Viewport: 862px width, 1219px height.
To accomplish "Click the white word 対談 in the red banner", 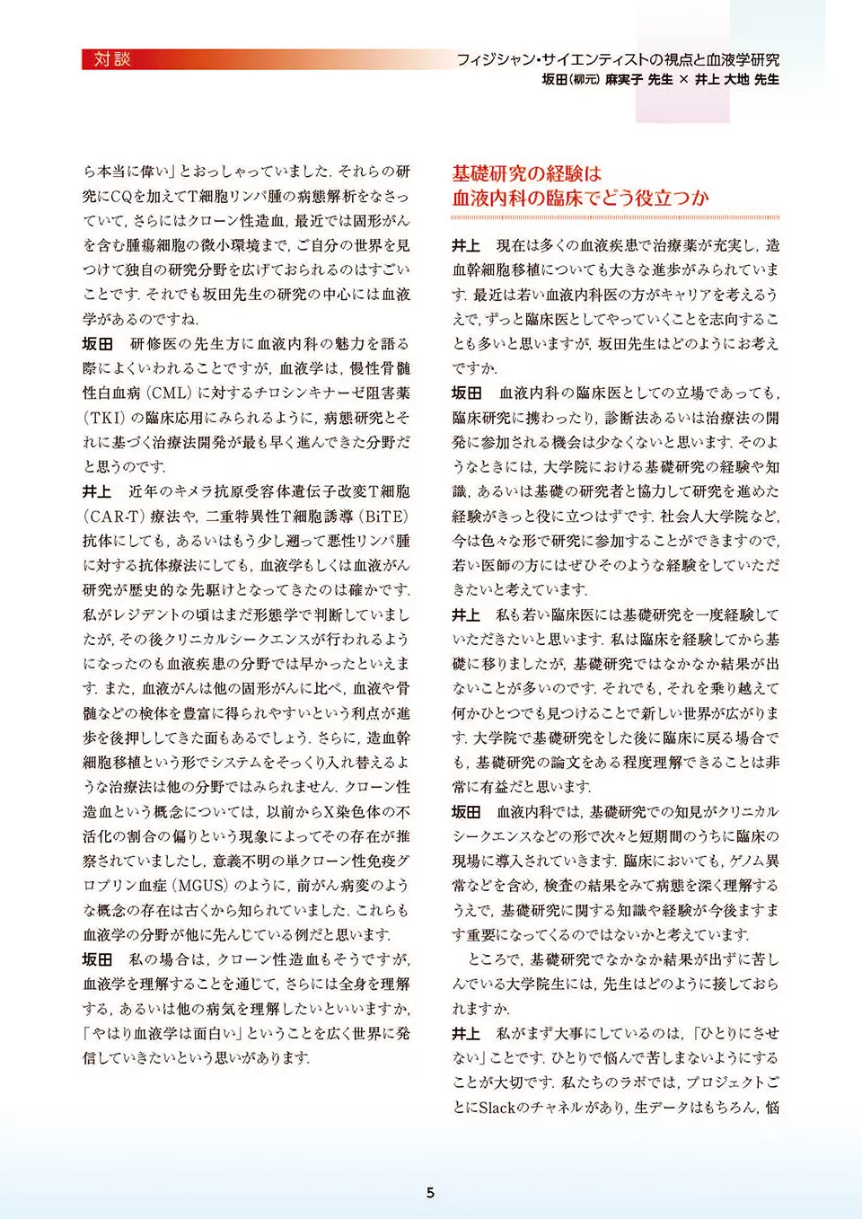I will pos(112,59).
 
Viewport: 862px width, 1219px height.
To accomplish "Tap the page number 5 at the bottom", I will pos(430,1193).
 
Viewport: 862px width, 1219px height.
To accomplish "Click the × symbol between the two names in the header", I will pos(683,80).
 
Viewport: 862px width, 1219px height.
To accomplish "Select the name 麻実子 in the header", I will pos(625,80).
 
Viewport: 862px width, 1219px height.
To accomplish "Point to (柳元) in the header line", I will pos(585,80).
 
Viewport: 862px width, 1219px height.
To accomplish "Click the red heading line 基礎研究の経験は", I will pos(526,173).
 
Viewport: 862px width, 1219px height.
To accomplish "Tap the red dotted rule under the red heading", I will pos(615,217).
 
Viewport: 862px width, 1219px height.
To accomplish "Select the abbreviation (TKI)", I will pos(102,418).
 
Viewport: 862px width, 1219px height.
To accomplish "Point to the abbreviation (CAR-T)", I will pos(114,517).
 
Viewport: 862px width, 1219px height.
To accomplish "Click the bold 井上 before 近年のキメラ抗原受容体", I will pos(97,492).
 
